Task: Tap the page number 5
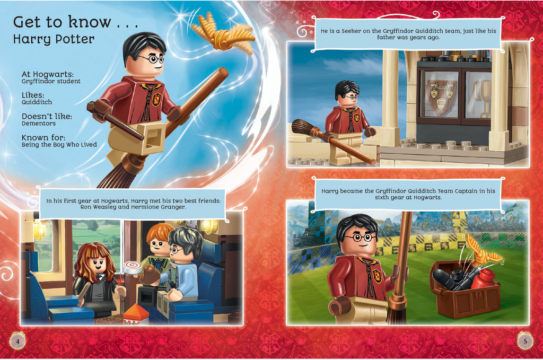[x=525, y=341]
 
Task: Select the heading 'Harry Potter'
[x=54, y=39]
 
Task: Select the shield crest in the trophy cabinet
[x=441, y=96]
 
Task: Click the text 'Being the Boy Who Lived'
[x=59, y=144]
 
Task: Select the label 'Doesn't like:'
[x=47, y=116]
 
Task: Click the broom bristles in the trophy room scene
[x=304, y=128]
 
